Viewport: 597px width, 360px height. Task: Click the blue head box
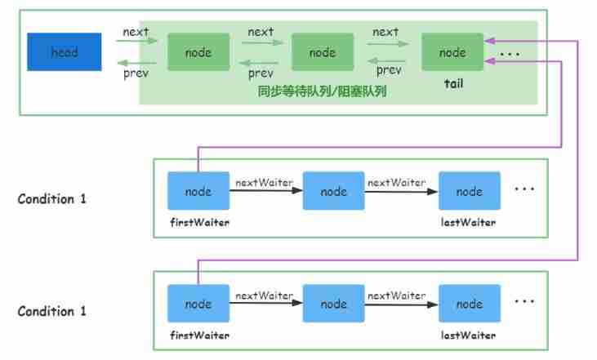pyautogui.click(x=65, y=52)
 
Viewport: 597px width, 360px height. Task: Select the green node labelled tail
pyautogui.click(x=452, y=52)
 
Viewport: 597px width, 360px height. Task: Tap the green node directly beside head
pyautogui.click(x=198, y=52)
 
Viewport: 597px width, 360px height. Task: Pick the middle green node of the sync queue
pyautogui.click(x=323, y=52)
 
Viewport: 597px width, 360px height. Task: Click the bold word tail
pyautogui.click(x=452, y=83)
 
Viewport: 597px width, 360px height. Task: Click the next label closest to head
pyautogui.click(x=135, y=32)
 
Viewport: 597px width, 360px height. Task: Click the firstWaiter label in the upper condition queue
pyautogui.click(x=198, y=221)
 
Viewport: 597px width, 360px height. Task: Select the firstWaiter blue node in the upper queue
pyautogui.click(x=198, y=192)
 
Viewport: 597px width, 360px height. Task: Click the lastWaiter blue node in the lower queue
pyautogui.click(x=469, y=304)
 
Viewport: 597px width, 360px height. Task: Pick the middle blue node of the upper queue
pyautogui.click(x=333, y=192)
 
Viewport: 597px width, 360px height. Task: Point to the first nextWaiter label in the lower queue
pyautogui.click(x=264, y=296)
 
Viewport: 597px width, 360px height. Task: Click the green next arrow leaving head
pyautogui.click(x=135, y=42)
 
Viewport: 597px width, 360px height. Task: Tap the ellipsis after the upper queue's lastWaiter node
pyautogui.click(x=524, y=189)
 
